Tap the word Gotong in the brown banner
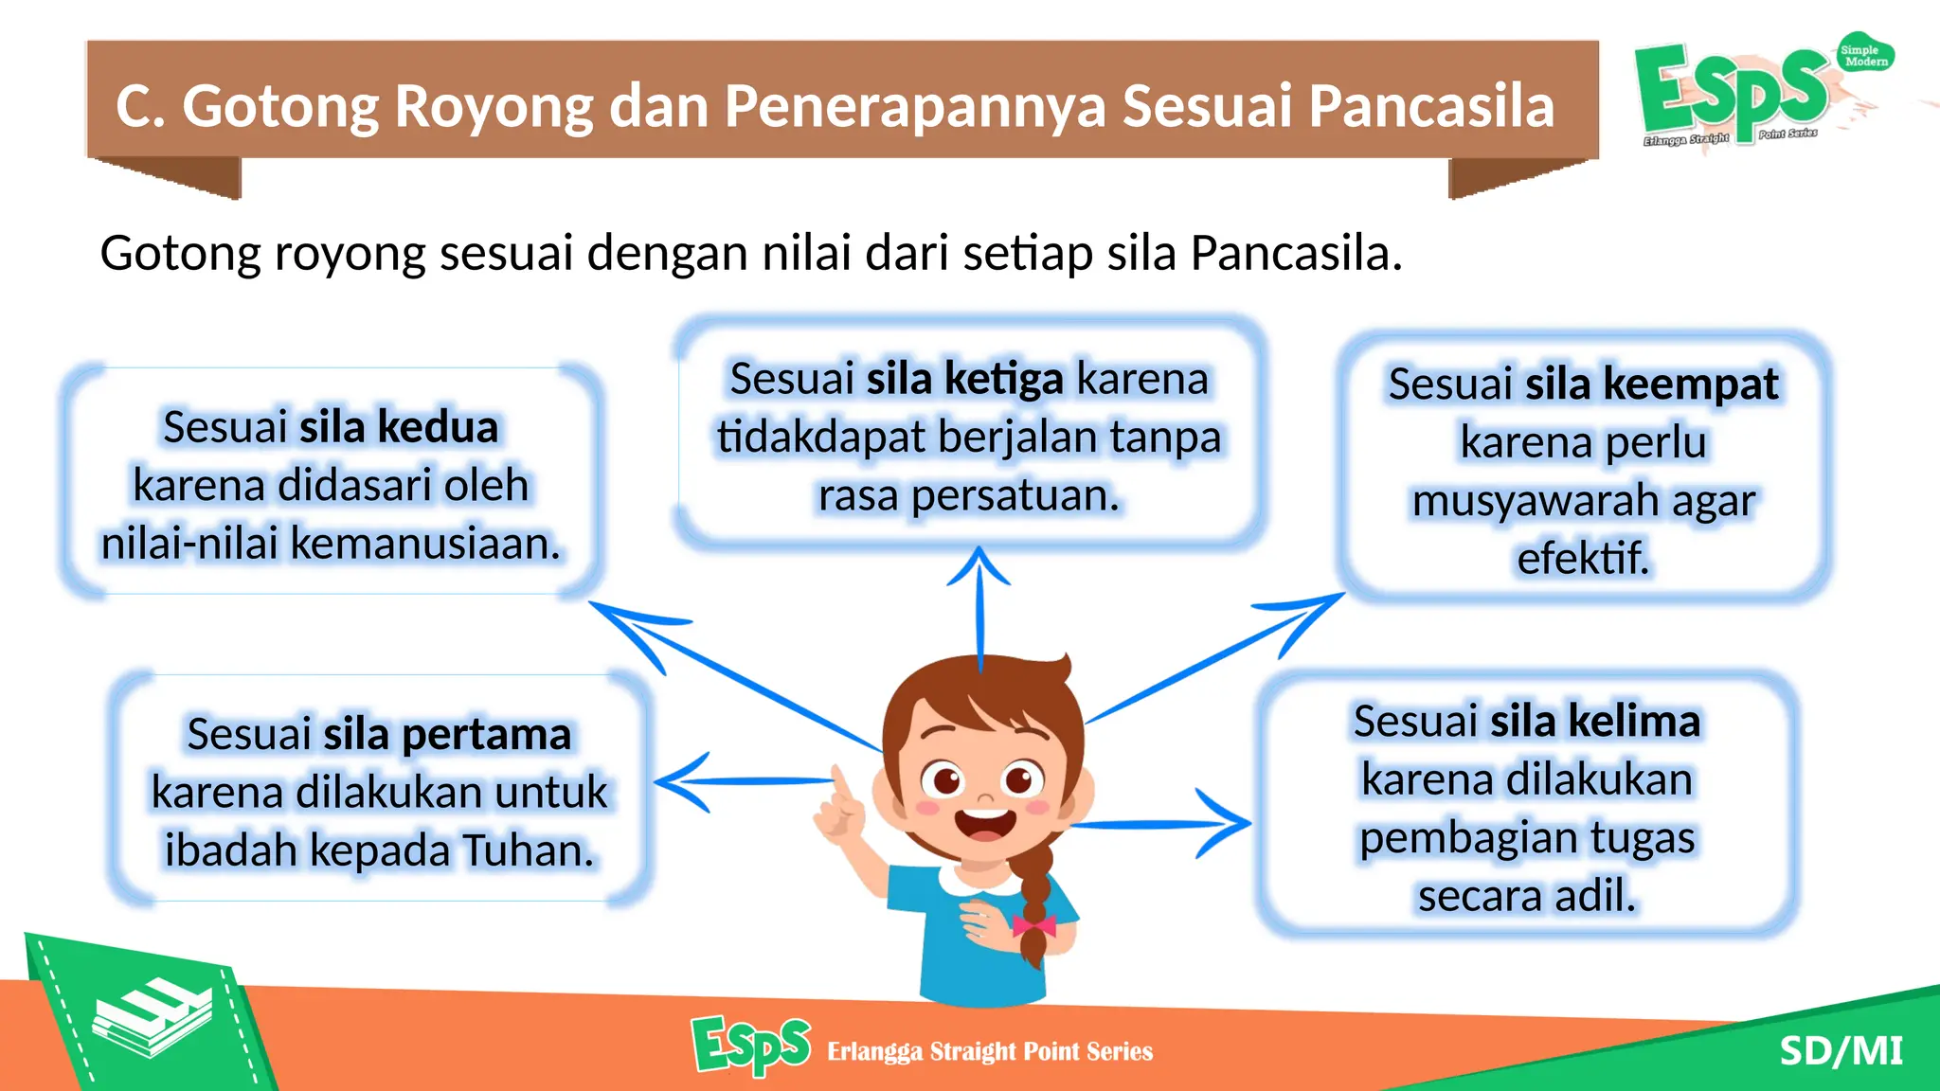280,107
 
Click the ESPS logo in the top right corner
1733,93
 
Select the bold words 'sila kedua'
398,427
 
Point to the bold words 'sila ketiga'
964,379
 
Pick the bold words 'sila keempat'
1651,385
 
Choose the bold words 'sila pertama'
446,734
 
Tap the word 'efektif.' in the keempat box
1582,558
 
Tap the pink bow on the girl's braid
1033,925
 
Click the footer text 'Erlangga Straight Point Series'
989,1051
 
